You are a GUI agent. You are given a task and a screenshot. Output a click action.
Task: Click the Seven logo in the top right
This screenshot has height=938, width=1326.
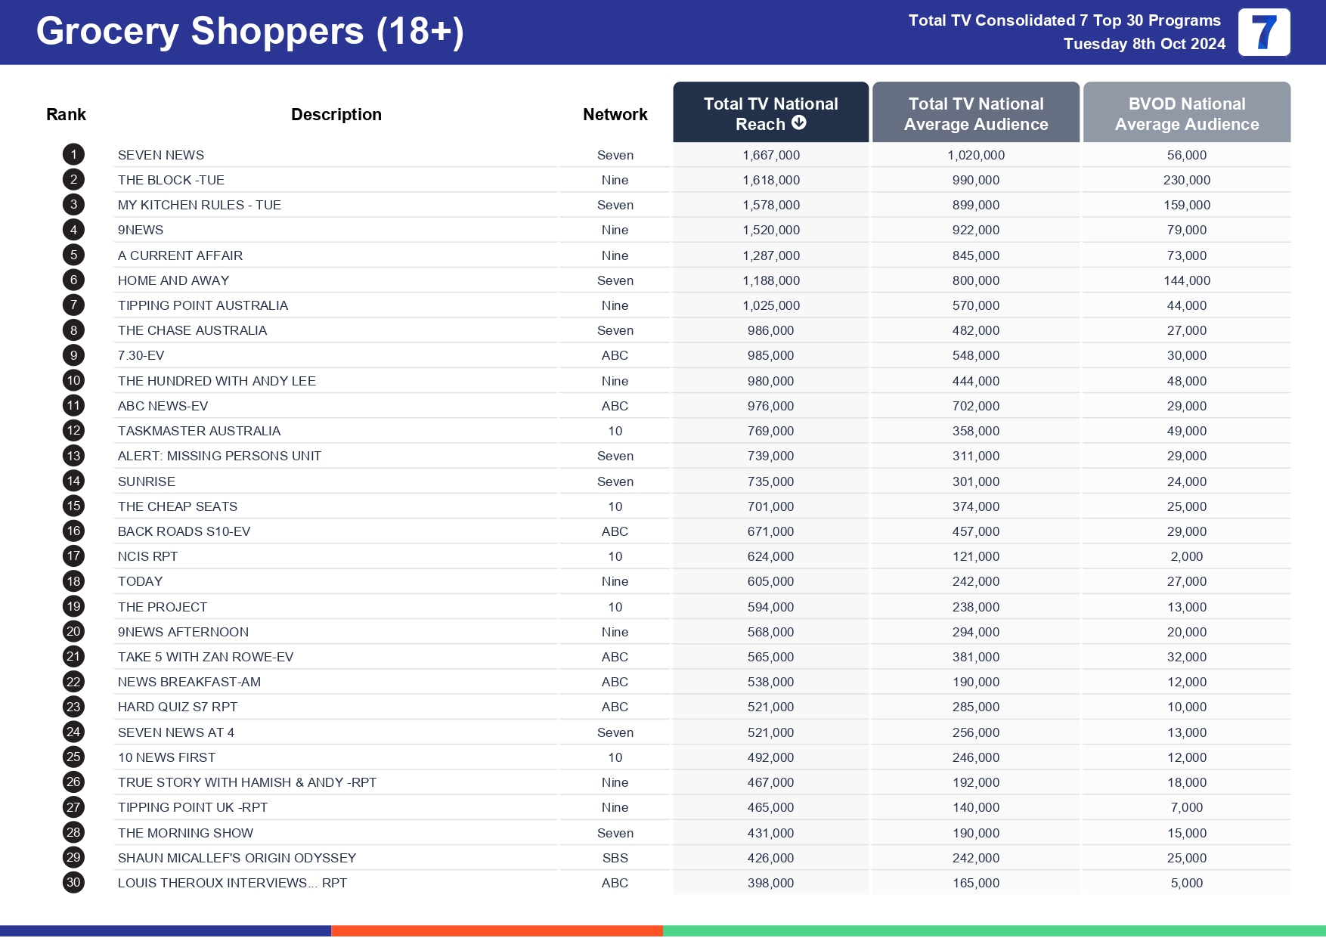(x=1263, y=33)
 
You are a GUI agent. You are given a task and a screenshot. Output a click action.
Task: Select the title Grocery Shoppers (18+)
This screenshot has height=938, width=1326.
(x=249, y=32)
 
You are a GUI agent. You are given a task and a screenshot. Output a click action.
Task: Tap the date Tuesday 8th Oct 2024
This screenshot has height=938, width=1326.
(x=1144, y=44)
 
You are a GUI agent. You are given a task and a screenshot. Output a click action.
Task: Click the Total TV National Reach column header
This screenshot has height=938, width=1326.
(x=770, y=113)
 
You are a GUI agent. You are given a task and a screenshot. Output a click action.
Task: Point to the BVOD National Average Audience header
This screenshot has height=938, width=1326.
(x=1186, y=113)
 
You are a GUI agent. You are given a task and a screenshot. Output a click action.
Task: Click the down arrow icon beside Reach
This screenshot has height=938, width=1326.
(x=799, y=122)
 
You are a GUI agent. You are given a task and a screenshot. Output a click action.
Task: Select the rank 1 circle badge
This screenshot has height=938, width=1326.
(x=73, y=155)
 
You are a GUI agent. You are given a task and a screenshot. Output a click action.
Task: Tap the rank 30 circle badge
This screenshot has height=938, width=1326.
(x=73, y=882)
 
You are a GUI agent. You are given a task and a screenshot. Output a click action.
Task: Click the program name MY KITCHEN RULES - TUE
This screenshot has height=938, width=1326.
(x=200, y=205)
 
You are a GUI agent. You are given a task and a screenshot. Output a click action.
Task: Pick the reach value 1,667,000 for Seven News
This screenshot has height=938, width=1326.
(x=770, y=155)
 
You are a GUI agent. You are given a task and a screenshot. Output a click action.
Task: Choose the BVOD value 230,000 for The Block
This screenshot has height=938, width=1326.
(x=1186, y=180)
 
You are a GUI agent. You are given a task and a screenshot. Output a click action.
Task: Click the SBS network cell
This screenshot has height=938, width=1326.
(x=615, y=858)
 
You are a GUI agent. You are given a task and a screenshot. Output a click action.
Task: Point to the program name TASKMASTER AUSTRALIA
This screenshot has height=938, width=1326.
(x=199, y=431)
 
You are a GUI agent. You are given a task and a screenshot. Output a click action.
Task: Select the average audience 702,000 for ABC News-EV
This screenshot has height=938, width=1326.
(x=975, y=406)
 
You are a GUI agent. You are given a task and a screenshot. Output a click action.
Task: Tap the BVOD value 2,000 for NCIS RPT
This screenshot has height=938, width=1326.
(x=1186, y=556)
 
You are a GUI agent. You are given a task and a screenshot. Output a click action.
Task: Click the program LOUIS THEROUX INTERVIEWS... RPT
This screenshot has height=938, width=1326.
(x=232, y=883)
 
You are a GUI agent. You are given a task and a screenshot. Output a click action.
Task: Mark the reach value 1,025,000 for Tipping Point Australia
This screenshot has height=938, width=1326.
(x=770, y=305)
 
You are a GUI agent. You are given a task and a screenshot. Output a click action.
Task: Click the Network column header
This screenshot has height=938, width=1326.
(x=615, y=114)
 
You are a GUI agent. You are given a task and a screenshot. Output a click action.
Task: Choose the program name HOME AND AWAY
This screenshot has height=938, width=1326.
(x=173, y=280)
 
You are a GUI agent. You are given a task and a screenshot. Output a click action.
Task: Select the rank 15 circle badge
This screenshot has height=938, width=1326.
(x=73, y=506)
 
